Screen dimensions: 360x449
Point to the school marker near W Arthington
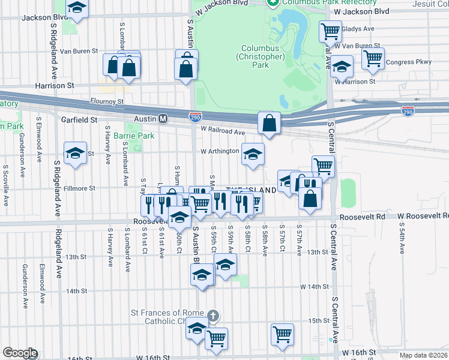point(253,154)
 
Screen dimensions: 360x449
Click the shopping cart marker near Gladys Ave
point(330,31)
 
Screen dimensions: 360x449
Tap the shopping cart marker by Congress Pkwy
point(373,59)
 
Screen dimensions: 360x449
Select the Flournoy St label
point(106,102)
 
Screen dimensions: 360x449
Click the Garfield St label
point(79,119)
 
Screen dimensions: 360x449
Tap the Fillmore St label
point(79,188)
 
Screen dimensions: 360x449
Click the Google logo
point(19,353)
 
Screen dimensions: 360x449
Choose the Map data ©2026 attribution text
point(423,355)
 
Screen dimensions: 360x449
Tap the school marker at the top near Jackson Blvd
point(77,8)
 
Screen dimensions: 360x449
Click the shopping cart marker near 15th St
point(282,334)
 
